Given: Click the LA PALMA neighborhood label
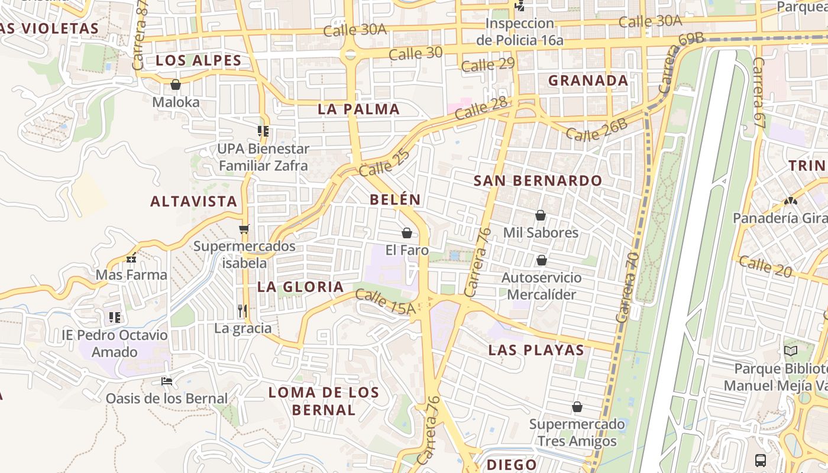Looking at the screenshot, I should tap(359, 109).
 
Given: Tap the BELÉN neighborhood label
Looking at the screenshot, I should tap(395, 200).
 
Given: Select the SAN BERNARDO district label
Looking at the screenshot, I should tap(538, 181).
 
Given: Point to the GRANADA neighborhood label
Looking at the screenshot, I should tap(588, 80).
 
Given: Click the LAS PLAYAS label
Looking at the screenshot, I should tap(536, 350).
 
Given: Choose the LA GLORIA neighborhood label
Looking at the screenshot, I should tap(300, 287).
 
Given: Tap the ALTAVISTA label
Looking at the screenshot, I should tap(193, 202).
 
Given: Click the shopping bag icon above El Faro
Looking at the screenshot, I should tap(406, 233).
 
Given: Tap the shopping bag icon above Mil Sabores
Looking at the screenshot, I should tap(540, 215).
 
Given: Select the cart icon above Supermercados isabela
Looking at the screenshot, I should tap(244, 229).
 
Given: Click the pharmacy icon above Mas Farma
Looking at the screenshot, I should tap(131, 258).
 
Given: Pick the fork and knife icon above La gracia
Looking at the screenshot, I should tap(242, 310).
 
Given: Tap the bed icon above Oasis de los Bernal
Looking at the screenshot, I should tap(167, 381).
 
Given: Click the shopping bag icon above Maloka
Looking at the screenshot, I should tap(175, 85).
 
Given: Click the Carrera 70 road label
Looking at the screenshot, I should tap(627, 287).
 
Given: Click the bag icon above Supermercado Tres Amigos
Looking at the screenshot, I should tap(577, 407).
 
